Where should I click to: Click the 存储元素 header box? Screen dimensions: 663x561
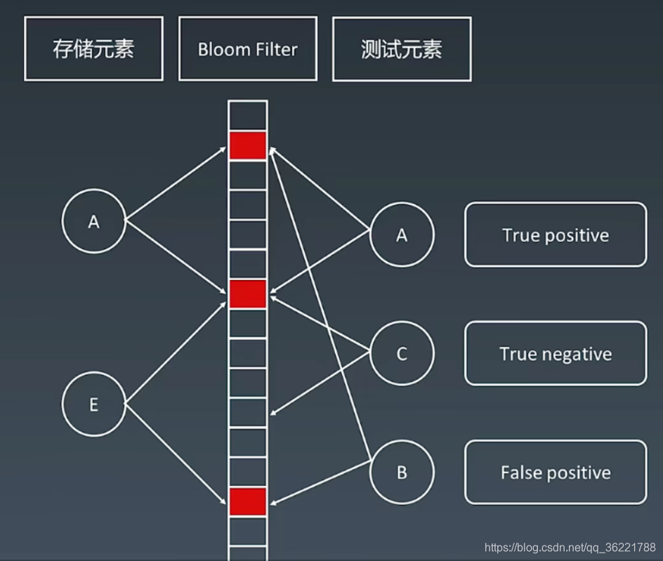pyautogui.click(x=93, y=49)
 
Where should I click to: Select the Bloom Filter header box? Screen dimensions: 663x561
pyautogui.click(x=247, y=49)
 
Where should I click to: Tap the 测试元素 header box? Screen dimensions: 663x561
pyautogui.click(x=402, y=49)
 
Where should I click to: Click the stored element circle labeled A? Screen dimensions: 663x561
pyautogui.click(x=93, y=222)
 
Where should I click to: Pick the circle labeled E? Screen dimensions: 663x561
pyautogui.click(x=93, y=405)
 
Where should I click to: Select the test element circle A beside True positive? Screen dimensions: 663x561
pyautogui.click(x=402, y=235)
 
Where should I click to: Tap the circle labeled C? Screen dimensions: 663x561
pyautogui.click(x=402, y=353)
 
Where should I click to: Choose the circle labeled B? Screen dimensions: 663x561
pyautogui.click(x=402, y=472)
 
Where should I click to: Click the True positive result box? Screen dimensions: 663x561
pyautogui.click(x=555, y=235)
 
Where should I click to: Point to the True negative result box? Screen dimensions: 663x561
pyautogui.click(x=555, y=353)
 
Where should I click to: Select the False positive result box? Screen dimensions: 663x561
pyautogui.click(x=555, y=472)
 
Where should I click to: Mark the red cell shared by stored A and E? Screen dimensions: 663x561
pyautogui.click(x=247, y=293)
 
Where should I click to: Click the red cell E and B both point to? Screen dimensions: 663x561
pyautogui.click(x=247, y=501)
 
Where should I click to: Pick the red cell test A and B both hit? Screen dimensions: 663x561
pyautogui.click(x=247, y=145)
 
